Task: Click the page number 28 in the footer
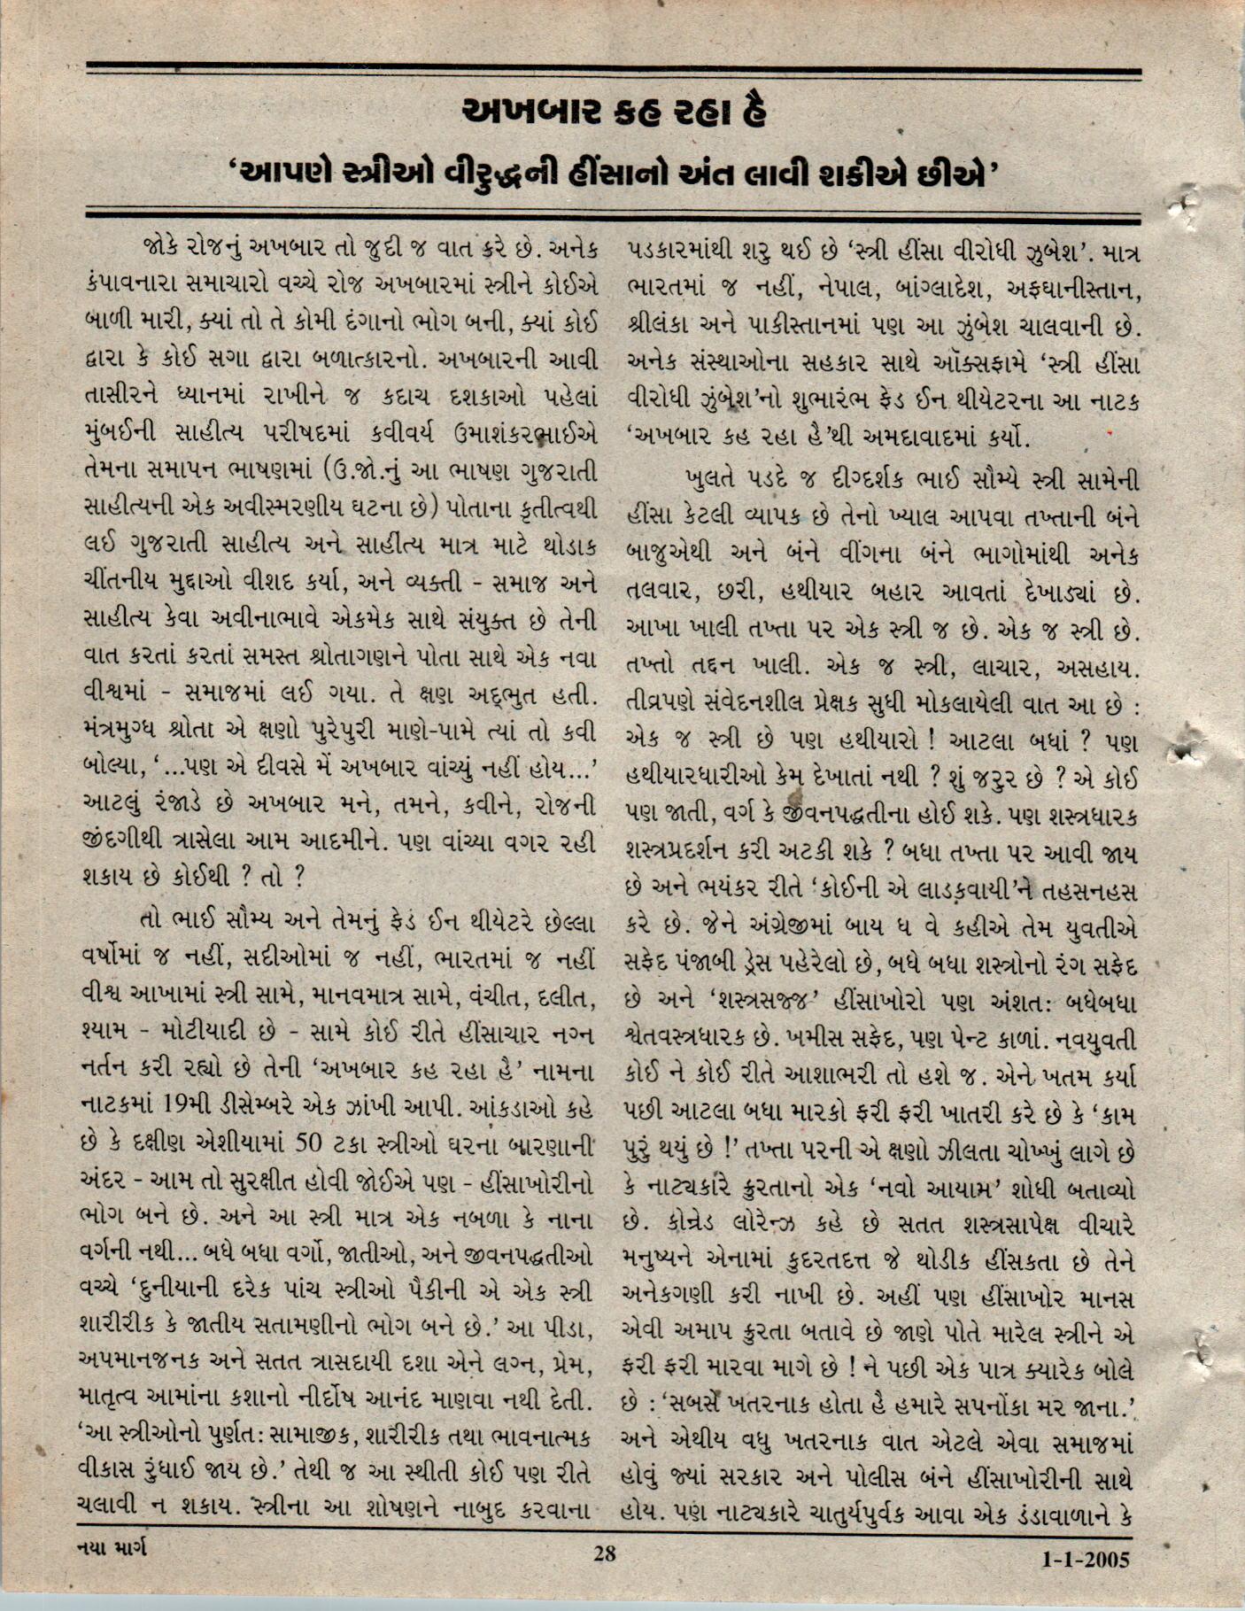[605, 1552]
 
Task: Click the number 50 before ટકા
[310, 1143]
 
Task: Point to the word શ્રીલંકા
[668, 326]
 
